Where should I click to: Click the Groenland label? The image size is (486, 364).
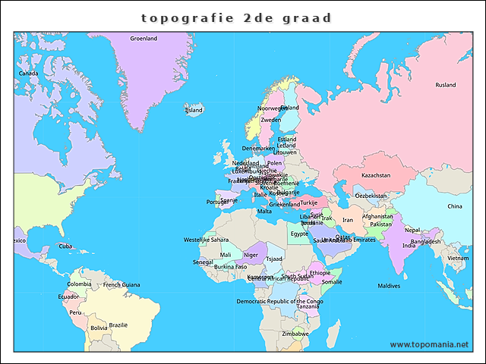[144, 38]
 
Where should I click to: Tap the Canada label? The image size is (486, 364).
[28, 74]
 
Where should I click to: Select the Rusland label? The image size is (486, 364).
[446, 85]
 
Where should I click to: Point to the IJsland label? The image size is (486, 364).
[194, 110]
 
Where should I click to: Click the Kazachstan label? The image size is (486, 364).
[375, 175]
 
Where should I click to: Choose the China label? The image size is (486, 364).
[454, 206]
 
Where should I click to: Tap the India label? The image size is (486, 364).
[409, 246]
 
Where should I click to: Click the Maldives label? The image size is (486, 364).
[389, 286]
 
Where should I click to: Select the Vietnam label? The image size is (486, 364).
[458, 258]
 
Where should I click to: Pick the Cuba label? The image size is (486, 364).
[66, 246]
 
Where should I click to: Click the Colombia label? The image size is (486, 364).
[79, 284]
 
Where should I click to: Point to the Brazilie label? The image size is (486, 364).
[118, 325]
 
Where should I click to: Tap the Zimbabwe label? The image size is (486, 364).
[295, 334]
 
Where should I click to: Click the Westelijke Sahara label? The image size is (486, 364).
[206, 240]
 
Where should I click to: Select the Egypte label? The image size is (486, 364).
[299, 234]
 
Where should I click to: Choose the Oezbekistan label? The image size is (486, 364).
[371, 196]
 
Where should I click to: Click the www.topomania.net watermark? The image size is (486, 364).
[430, 345]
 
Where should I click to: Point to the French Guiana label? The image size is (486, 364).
[121, 284]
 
